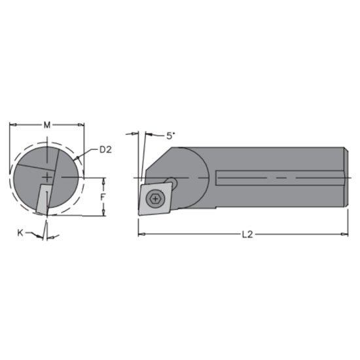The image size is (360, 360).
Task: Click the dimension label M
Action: click(x=46, y=124)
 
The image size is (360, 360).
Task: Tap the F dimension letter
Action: click(x=103, y=196)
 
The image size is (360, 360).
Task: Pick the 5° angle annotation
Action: click(x=171, y=135)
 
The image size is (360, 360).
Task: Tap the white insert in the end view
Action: click(x=43, y=199)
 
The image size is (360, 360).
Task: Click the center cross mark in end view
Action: click(x=48, y=177)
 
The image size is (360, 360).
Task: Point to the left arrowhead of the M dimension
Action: click(x=12, y=124)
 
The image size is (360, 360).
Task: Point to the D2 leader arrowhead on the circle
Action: click(x=77, y=160)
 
